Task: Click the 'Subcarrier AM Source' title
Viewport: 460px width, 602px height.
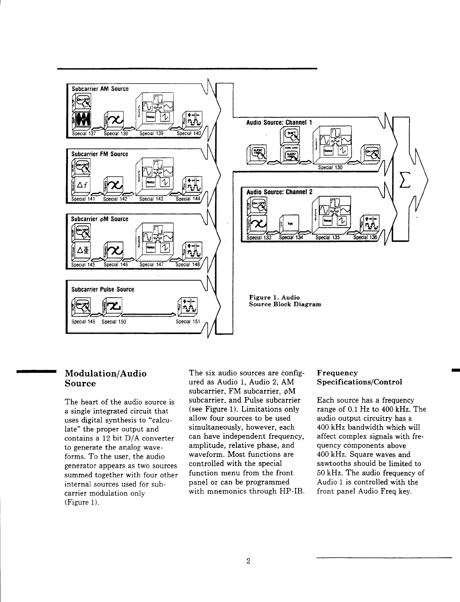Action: coord(100,89)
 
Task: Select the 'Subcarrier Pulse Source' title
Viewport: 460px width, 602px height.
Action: coord(103,289)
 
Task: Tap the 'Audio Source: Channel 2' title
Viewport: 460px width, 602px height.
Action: coord(279,192)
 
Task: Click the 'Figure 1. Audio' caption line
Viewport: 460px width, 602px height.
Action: coord(274,297)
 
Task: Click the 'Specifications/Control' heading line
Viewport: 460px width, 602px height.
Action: coord(359,382)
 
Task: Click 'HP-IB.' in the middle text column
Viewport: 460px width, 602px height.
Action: coord(290,491)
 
